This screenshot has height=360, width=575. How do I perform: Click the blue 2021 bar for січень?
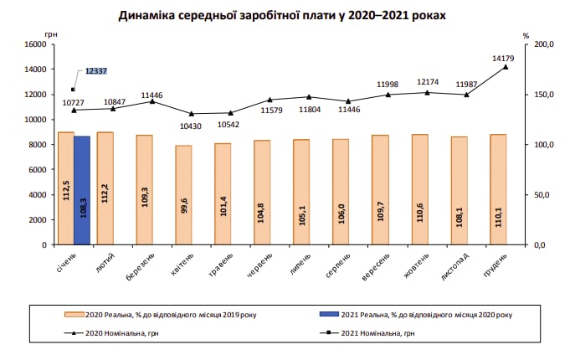[82, 190]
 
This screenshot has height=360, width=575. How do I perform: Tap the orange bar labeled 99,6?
[183, 195]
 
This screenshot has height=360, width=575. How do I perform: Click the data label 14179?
[504, 58]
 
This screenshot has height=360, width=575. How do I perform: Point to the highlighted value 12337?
[97, 73]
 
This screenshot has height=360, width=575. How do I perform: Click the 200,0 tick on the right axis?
[544, 44]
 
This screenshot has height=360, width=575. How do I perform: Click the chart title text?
[282, 16]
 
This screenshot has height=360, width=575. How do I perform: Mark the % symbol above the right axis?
[526, 35]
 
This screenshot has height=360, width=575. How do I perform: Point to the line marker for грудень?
[506, 67]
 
